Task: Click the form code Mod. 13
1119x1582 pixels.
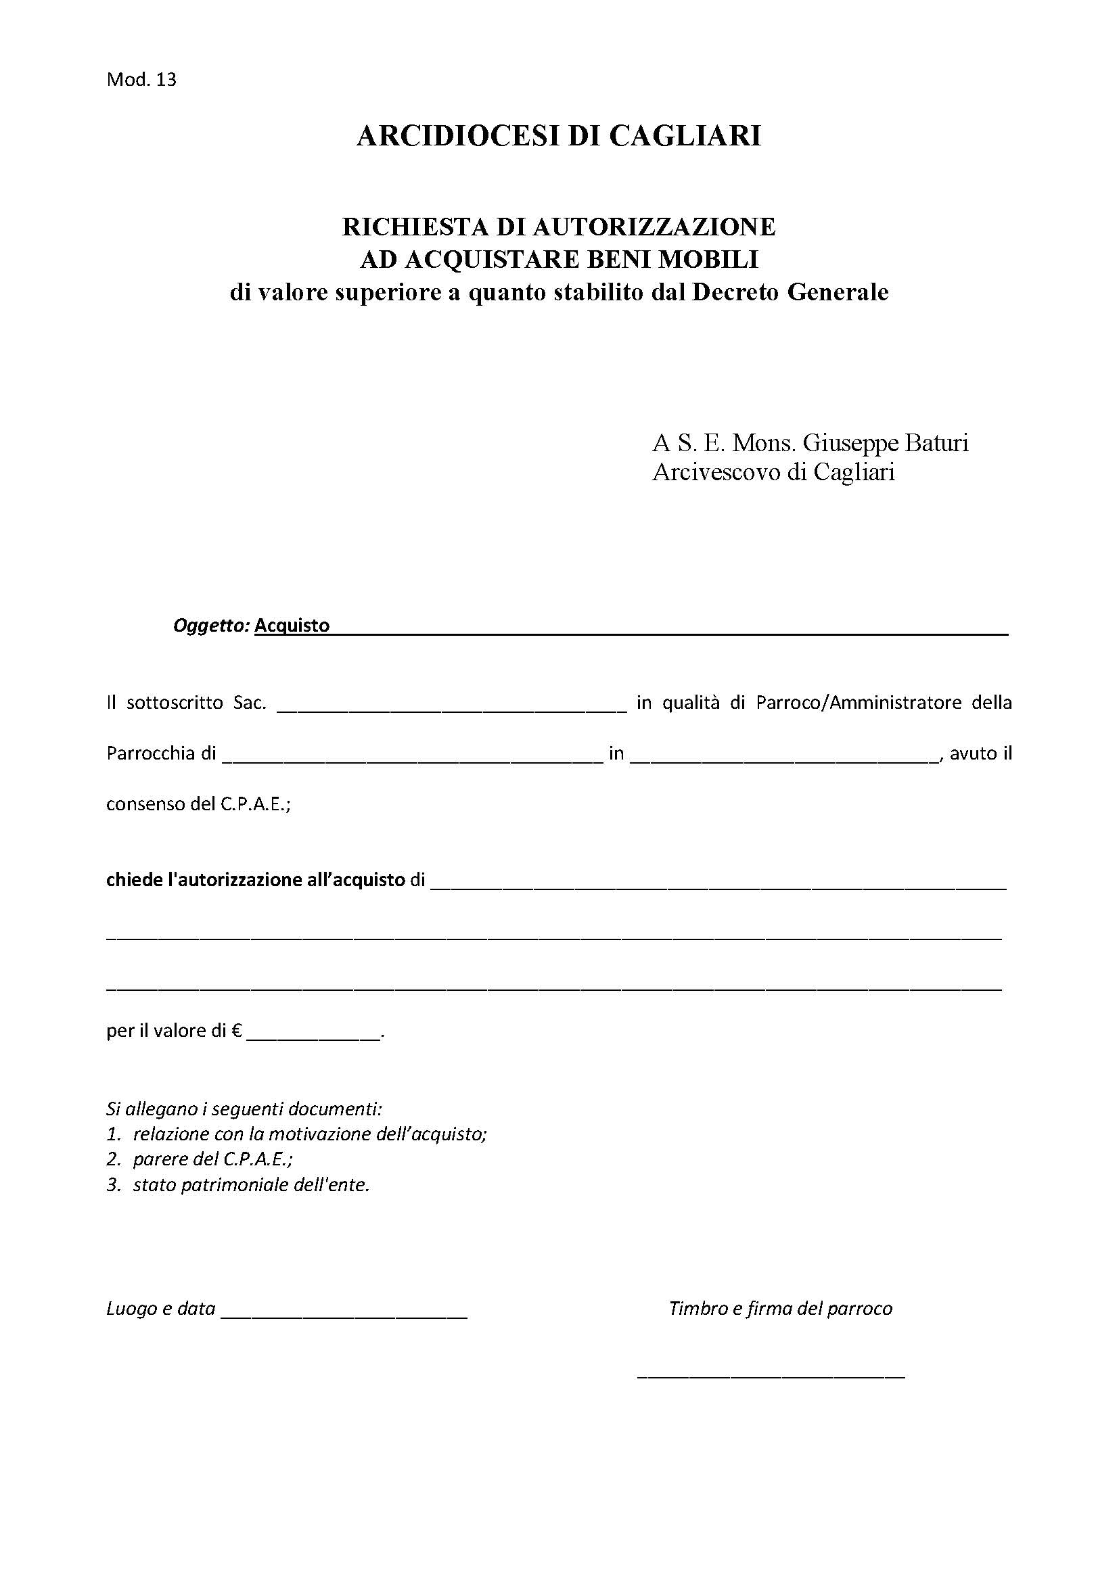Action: pyautogui.click(x=141, y=80)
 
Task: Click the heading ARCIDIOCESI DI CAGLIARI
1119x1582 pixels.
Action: pyautogui.click(x=559, y=136)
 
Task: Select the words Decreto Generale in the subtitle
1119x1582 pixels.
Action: pyautogui.click(x=790, y=292)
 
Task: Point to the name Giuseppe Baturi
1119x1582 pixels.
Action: pyautogui.click(x=886, y=442)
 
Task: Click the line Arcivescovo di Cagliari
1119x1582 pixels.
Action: pyautogui.click(x=773, y=472)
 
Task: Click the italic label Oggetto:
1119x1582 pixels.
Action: pyautogui.click(x=211, y=625)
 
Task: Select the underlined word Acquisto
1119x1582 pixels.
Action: pyautogui.click(x=292, y=625)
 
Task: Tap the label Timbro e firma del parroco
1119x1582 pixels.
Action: pyautogui.click(x=780, y=1309)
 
